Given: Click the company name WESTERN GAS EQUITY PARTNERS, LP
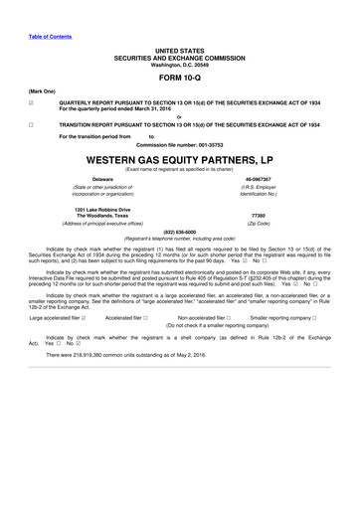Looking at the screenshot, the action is tap(179, 159).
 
